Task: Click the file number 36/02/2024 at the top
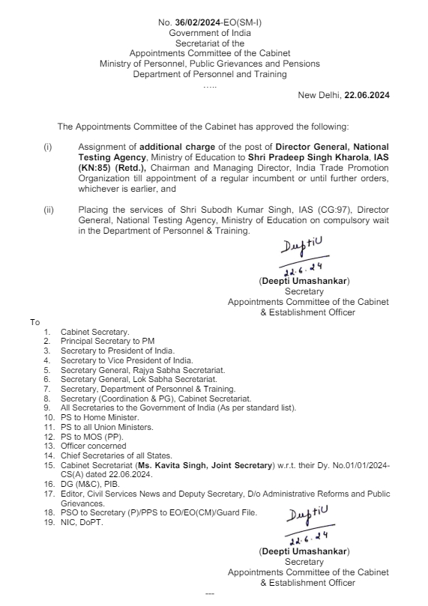point(199,24)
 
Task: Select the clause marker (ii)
point(49,210)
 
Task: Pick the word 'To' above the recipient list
point(35,322)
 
